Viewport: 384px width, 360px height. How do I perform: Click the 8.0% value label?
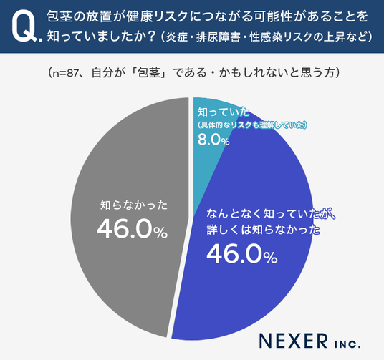[x=213, y=140]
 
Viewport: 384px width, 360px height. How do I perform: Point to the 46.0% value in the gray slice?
[x=133, y=229]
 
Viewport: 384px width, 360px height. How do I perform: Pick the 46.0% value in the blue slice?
[x=242, y=254]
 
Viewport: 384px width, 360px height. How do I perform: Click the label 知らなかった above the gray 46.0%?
[x=134, y=205]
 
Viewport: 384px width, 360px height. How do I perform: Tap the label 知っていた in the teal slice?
[x=224, y=112]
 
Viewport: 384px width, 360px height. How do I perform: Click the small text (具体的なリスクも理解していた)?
[x=252, y=125]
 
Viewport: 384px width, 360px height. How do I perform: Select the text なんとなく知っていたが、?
[x=271, y=214]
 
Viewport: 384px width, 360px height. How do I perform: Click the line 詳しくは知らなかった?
[x=263, y=230]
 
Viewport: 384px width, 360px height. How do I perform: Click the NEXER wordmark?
[x=294, y=341]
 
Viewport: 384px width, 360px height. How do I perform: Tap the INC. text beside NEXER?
[x=347, y=344]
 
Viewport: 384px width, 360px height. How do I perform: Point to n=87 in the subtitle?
[x=66, y=73]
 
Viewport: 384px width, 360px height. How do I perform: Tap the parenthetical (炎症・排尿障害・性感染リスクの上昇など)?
[x=267, y=37]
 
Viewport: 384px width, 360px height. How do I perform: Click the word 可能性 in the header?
[x=279, y=16]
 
